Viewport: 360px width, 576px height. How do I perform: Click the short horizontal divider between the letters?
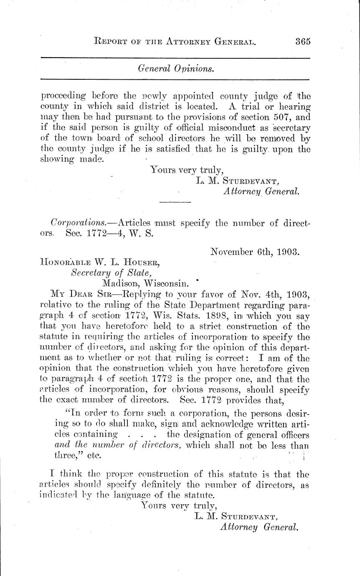pyautogui.click(x=175, y=202)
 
